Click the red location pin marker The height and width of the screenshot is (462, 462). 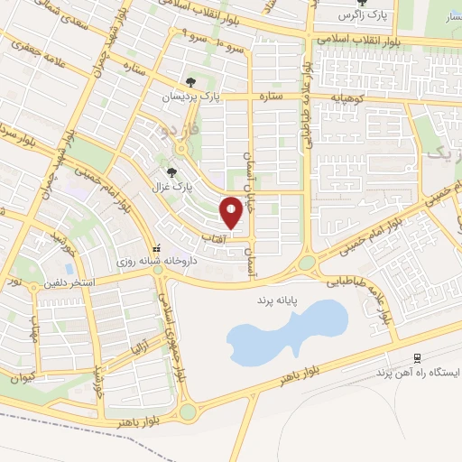click(x=232, y=212)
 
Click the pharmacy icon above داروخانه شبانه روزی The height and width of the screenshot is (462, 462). click(x=156, y=245)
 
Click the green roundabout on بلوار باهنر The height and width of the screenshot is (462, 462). click(x=188, y=412)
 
